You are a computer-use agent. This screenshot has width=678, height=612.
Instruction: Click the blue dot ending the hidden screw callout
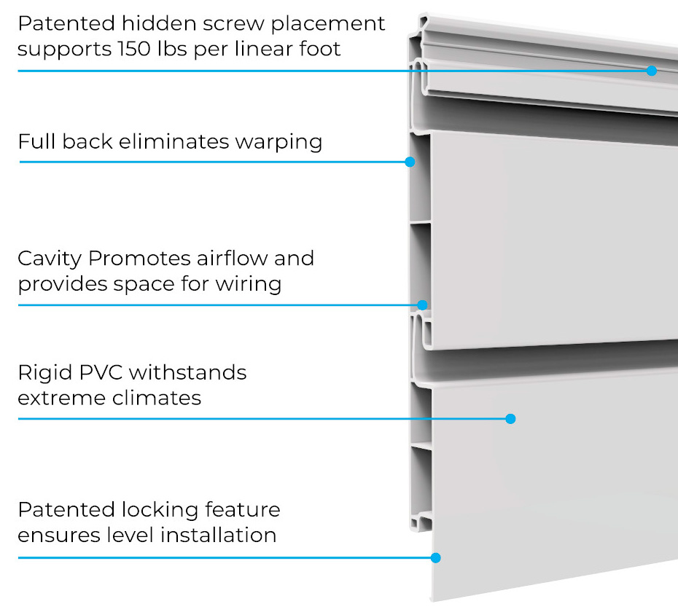coord(652,71)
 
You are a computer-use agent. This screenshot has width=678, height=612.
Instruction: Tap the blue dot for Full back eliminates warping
coord(410,162)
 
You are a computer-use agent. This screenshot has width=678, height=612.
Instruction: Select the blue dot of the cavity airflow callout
coord(422,305)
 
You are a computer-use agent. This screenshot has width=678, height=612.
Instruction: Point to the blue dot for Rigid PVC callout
coord(510,419)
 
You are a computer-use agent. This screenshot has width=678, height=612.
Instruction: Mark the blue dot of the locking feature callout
coord(436,558)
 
